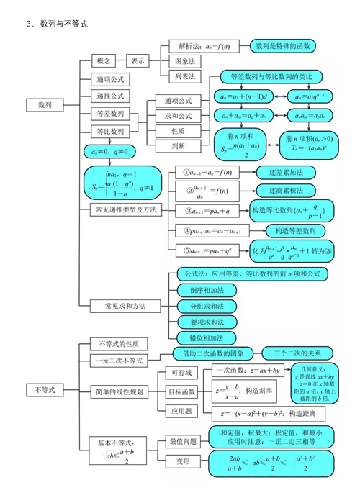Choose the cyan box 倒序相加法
point(206,290)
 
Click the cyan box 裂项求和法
point(206,322)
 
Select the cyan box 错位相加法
point(206,337)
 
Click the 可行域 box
point(179,373)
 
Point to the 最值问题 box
point(181,440)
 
